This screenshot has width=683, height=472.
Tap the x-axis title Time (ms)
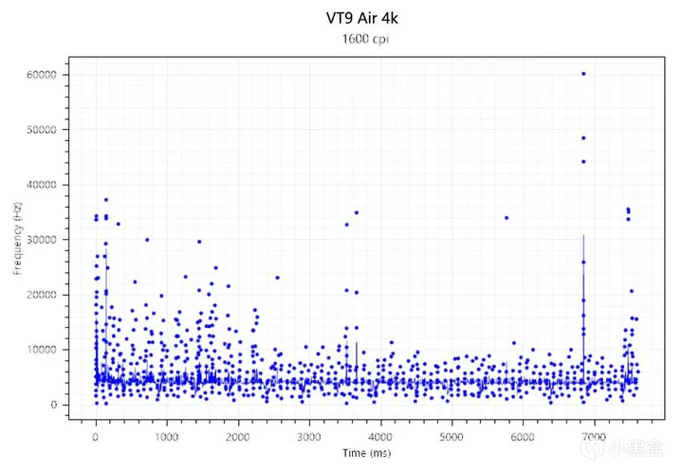point(365,453)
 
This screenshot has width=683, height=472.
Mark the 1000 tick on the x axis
point(166,436)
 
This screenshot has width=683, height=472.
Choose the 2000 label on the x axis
point(237,436)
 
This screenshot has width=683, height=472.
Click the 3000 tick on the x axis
point(309,436)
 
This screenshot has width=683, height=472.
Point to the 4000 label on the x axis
point(380,436)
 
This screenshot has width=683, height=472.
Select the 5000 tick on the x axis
point(452,436)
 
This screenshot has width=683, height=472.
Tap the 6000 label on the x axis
point(523,436)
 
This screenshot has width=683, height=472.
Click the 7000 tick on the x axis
point(594,436)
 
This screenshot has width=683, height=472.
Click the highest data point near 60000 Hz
point(583,73)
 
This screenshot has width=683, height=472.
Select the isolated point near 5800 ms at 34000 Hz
point(507,218)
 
